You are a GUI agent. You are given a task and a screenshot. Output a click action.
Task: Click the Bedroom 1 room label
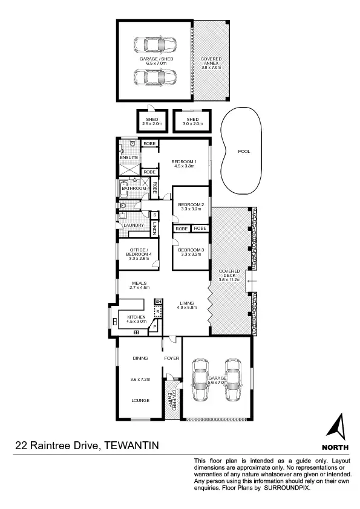(x=185, y=162)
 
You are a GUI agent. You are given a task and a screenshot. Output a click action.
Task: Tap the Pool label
(x=243, y=152)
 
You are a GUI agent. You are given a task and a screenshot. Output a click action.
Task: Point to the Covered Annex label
(x=211, y=60)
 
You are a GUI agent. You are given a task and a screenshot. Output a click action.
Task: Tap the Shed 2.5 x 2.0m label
(x=151, y=120)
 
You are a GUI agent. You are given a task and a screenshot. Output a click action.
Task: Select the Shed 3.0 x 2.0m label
(x=192, y=120)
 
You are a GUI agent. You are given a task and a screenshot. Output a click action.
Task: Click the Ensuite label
(x=129, y=158)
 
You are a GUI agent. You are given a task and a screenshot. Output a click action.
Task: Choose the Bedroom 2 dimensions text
(x=192, y=209)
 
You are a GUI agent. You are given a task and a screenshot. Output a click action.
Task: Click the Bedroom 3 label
(x=192, y=250)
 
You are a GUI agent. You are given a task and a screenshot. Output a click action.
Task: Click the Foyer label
(x=172, y=358)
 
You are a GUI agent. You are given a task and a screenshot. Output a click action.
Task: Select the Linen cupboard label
(x=155, y=229)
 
